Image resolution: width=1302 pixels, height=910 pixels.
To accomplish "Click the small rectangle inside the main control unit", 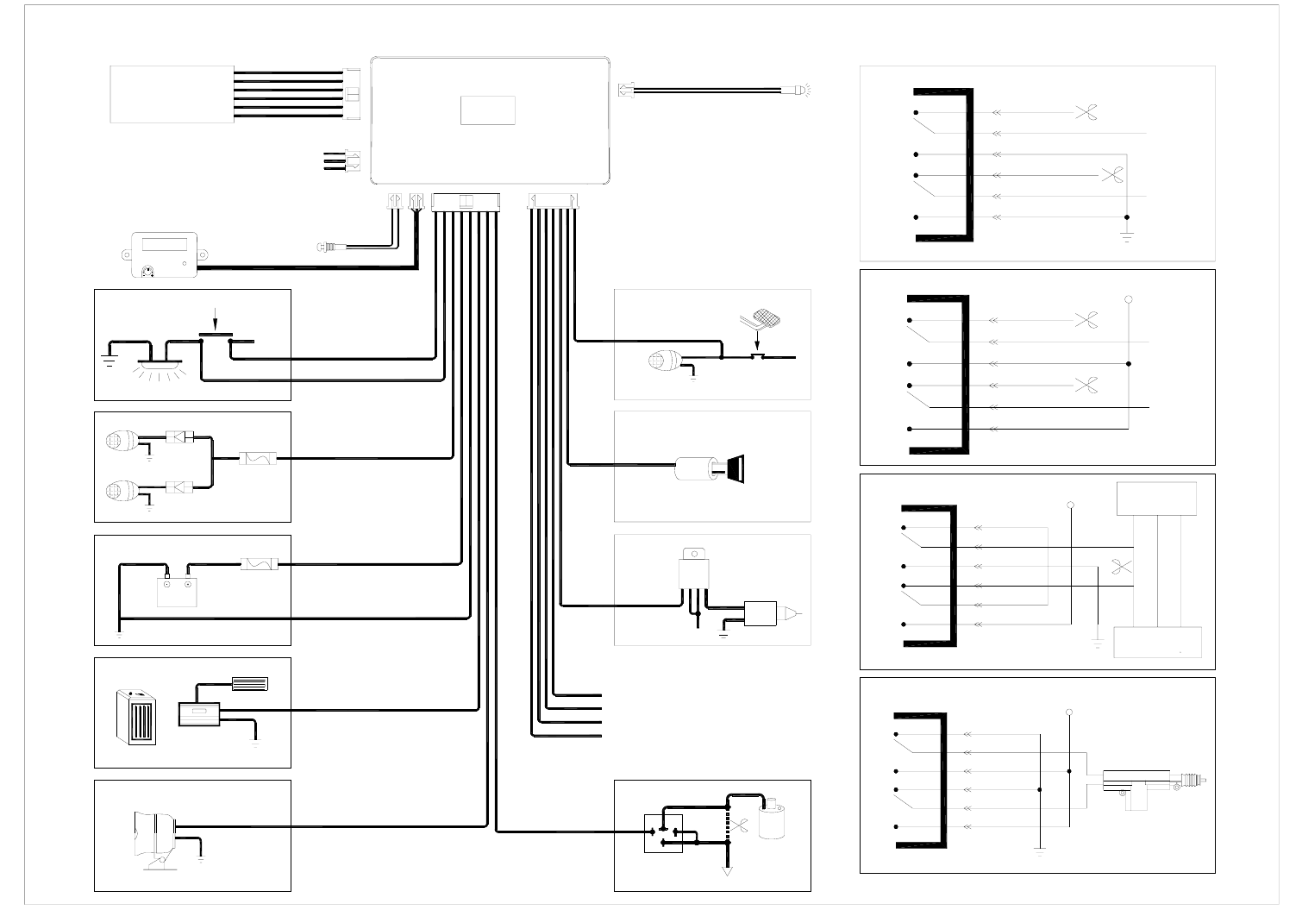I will [x=488, y=110].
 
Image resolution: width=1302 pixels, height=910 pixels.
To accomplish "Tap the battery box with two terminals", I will [x=178, y=590].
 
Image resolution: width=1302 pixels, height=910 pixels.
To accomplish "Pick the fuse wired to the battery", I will [x=259, y=565].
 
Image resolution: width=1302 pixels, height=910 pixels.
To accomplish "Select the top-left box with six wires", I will [x=172, y=94].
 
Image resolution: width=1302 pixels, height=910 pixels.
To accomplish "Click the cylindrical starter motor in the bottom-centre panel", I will [x=773, y=819].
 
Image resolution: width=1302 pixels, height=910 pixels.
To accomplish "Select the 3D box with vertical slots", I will [x=136, y=716].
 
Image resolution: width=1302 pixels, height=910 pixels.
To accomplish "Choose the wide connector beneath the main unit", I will [x=466, y=202].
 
